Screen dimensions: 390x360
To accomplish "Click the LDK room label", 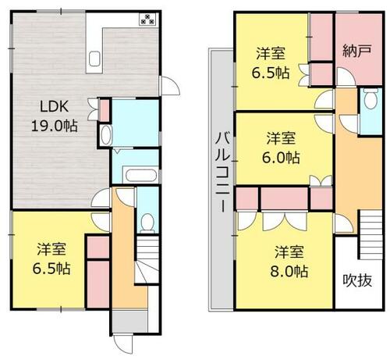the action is coord(55,106).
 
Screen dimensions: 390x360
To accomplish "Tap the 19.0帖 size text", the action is coord(55,127).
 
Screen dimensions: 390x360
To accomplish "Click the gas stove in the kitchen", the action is coord(147,19).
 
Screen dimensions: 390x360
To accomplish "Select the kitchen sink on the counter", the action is coord(94,59).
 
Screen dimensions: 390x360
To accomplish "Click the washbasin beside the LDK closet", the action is coord(106,135).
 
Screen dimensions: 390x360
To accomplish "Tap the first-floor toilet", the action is coord(147,223).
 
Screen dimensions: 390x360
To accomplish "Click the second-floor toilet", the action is coord(370,98).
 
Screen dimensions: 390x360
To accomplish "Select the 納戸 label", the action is coord(356,51).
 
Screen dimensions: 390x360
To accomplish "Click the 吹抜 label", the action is coord(357,280).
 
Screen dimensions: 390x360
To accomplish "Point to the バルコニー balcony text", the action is coord(223,172).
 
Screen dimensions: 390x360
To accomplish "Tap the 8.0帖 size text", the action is coord(289,272).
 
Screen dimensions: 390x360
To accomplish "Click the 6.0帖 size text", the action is coord(281,158).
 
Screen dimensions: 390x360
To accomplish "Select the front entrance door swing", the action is coord(123,344).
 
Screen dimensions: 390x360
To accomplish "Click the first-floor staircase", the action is coord(147,259).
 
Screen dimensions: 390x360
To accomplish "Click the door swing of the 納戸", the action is coord(346,77).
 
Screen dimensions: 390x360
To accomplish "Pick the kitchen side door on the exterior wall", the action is coord(169,86).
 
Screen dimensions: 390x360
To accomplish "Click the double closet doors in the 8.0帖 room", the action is coord(285,222).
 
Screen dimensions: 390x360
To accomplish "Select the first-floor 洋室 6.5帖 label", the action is coord(51,258).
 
